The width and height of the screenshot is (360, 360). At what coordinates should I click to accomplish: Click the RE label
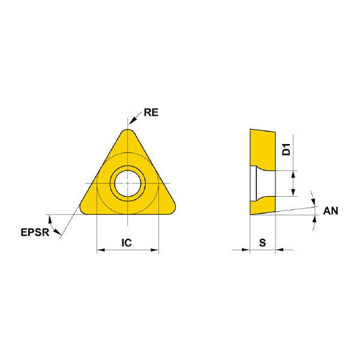point(151,113)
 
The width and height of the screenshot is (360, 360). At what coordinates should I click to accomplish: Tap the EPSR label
point(35,232)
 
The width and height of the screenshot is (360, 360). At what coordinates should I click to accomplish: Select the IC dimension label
point(127,242)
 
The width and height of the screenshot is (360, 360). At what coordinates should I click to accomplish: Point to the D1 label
point(286,149)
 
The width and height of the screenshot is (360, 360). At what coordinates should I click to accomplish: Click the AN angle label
point(331,211)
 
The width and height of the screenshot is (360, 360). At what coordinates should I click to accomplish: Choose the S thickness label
point(263,242)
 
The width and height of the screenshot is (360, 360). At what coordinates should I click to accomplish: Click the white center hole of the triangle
point(128,184)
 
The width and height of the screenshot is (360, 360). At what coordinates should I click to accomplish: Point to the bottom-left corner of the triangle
point(83,211)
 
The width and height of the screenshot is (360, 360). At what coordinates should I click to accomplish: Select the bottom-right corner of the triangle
point(172,211)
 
